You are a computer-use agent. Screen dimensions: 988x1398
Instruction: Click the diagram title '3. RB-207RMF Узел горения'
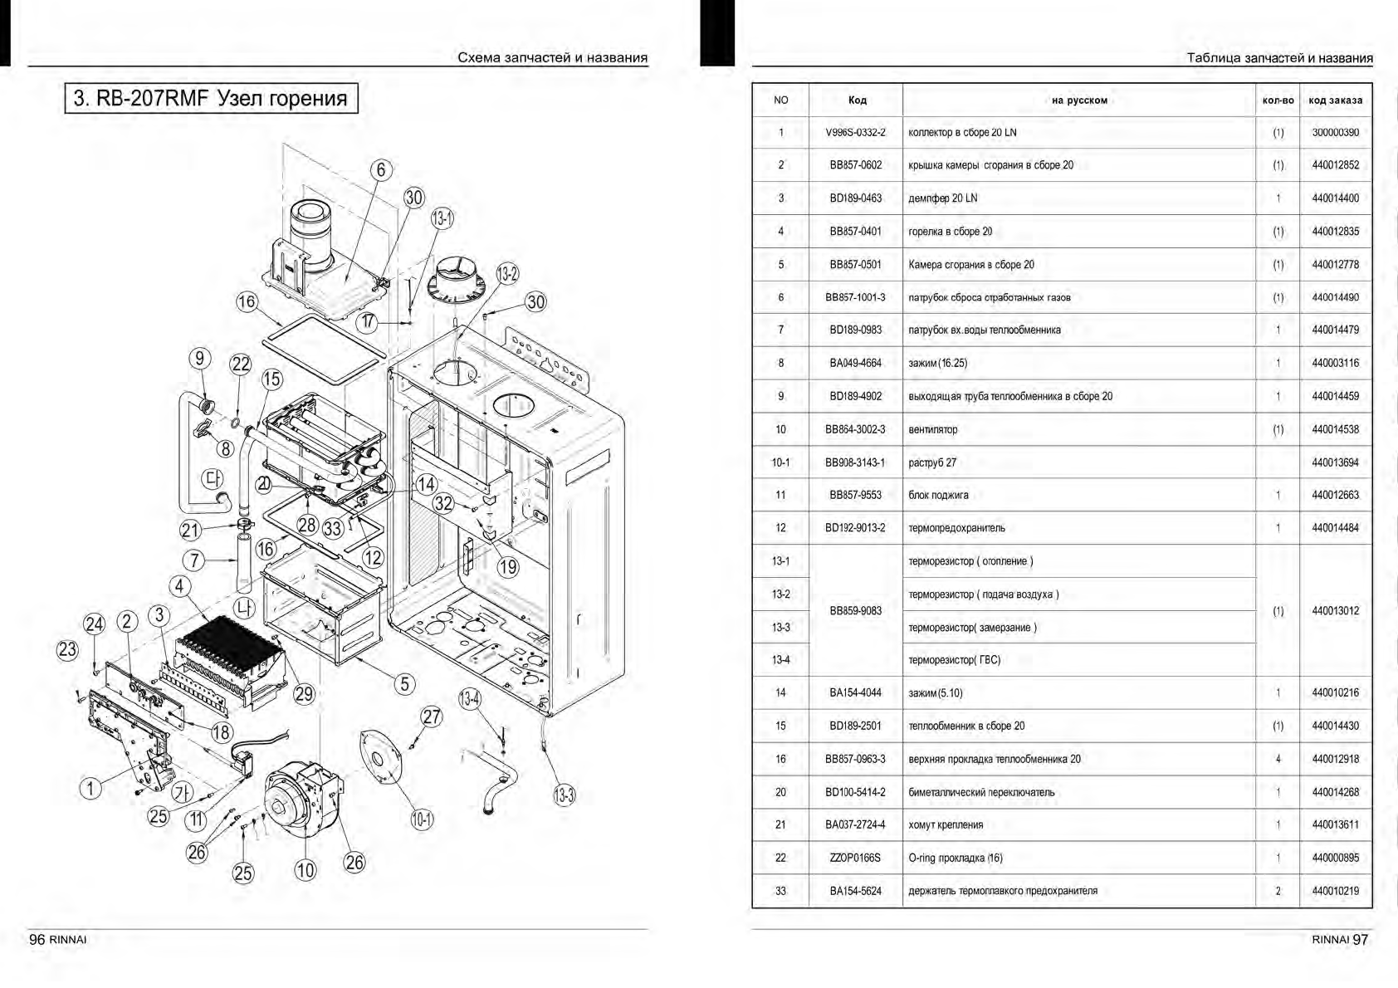pos(211,98)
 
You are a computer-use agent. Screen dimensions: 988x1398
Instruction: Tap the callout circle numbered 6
pos(381,170)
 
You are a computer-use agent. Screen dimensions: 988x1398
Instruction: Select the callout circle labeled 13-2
pos(508,273)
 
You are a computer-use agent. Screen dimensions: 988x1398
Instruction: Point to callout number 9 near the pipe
pos(199,359)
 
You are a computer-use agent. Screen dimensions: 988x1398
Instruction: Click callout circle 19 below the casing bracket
pos(507,567)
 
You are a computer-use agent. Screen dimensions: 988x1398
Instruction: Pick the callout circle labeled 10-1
pos(422,819)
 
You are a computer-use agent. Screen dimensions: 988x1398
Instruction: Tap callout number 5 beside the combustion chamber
pos(404,683)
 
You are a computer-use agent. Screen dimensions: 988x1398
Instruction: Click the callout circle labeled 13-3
pos(564,795)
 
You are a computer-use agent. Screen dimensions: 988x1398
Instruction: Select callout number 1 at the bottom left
pos(90,787)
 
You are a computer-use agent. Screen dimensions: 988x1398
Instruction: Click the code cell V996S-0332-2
pos(855,133)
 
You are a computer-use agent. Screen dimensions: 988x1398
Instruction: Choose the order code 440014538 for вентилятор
pos(1335,429)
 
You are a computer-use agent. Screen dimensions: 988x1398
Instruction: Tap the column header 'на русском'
pos(1078,100)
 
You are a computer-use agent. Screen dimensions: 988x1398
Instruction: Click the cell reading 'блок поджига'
pos(938,495)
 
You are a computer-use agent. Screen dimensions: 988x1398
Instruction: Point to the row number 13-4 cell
pos(780,660)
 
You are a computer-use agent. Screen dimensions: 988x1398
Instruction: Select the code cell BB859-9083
pos(855,610)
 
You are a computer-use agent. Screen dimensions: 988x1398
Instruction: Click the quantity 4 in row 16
pos(1278,759)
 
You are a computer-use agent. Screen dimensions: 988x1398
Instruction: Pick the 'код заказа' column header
pos(1335,100)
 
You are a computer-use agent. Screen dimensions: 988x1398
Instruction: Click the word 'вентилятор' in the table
pos(932,429)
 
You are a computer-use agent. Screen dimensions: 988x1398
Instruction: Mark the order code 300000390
pos(1335,133)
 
